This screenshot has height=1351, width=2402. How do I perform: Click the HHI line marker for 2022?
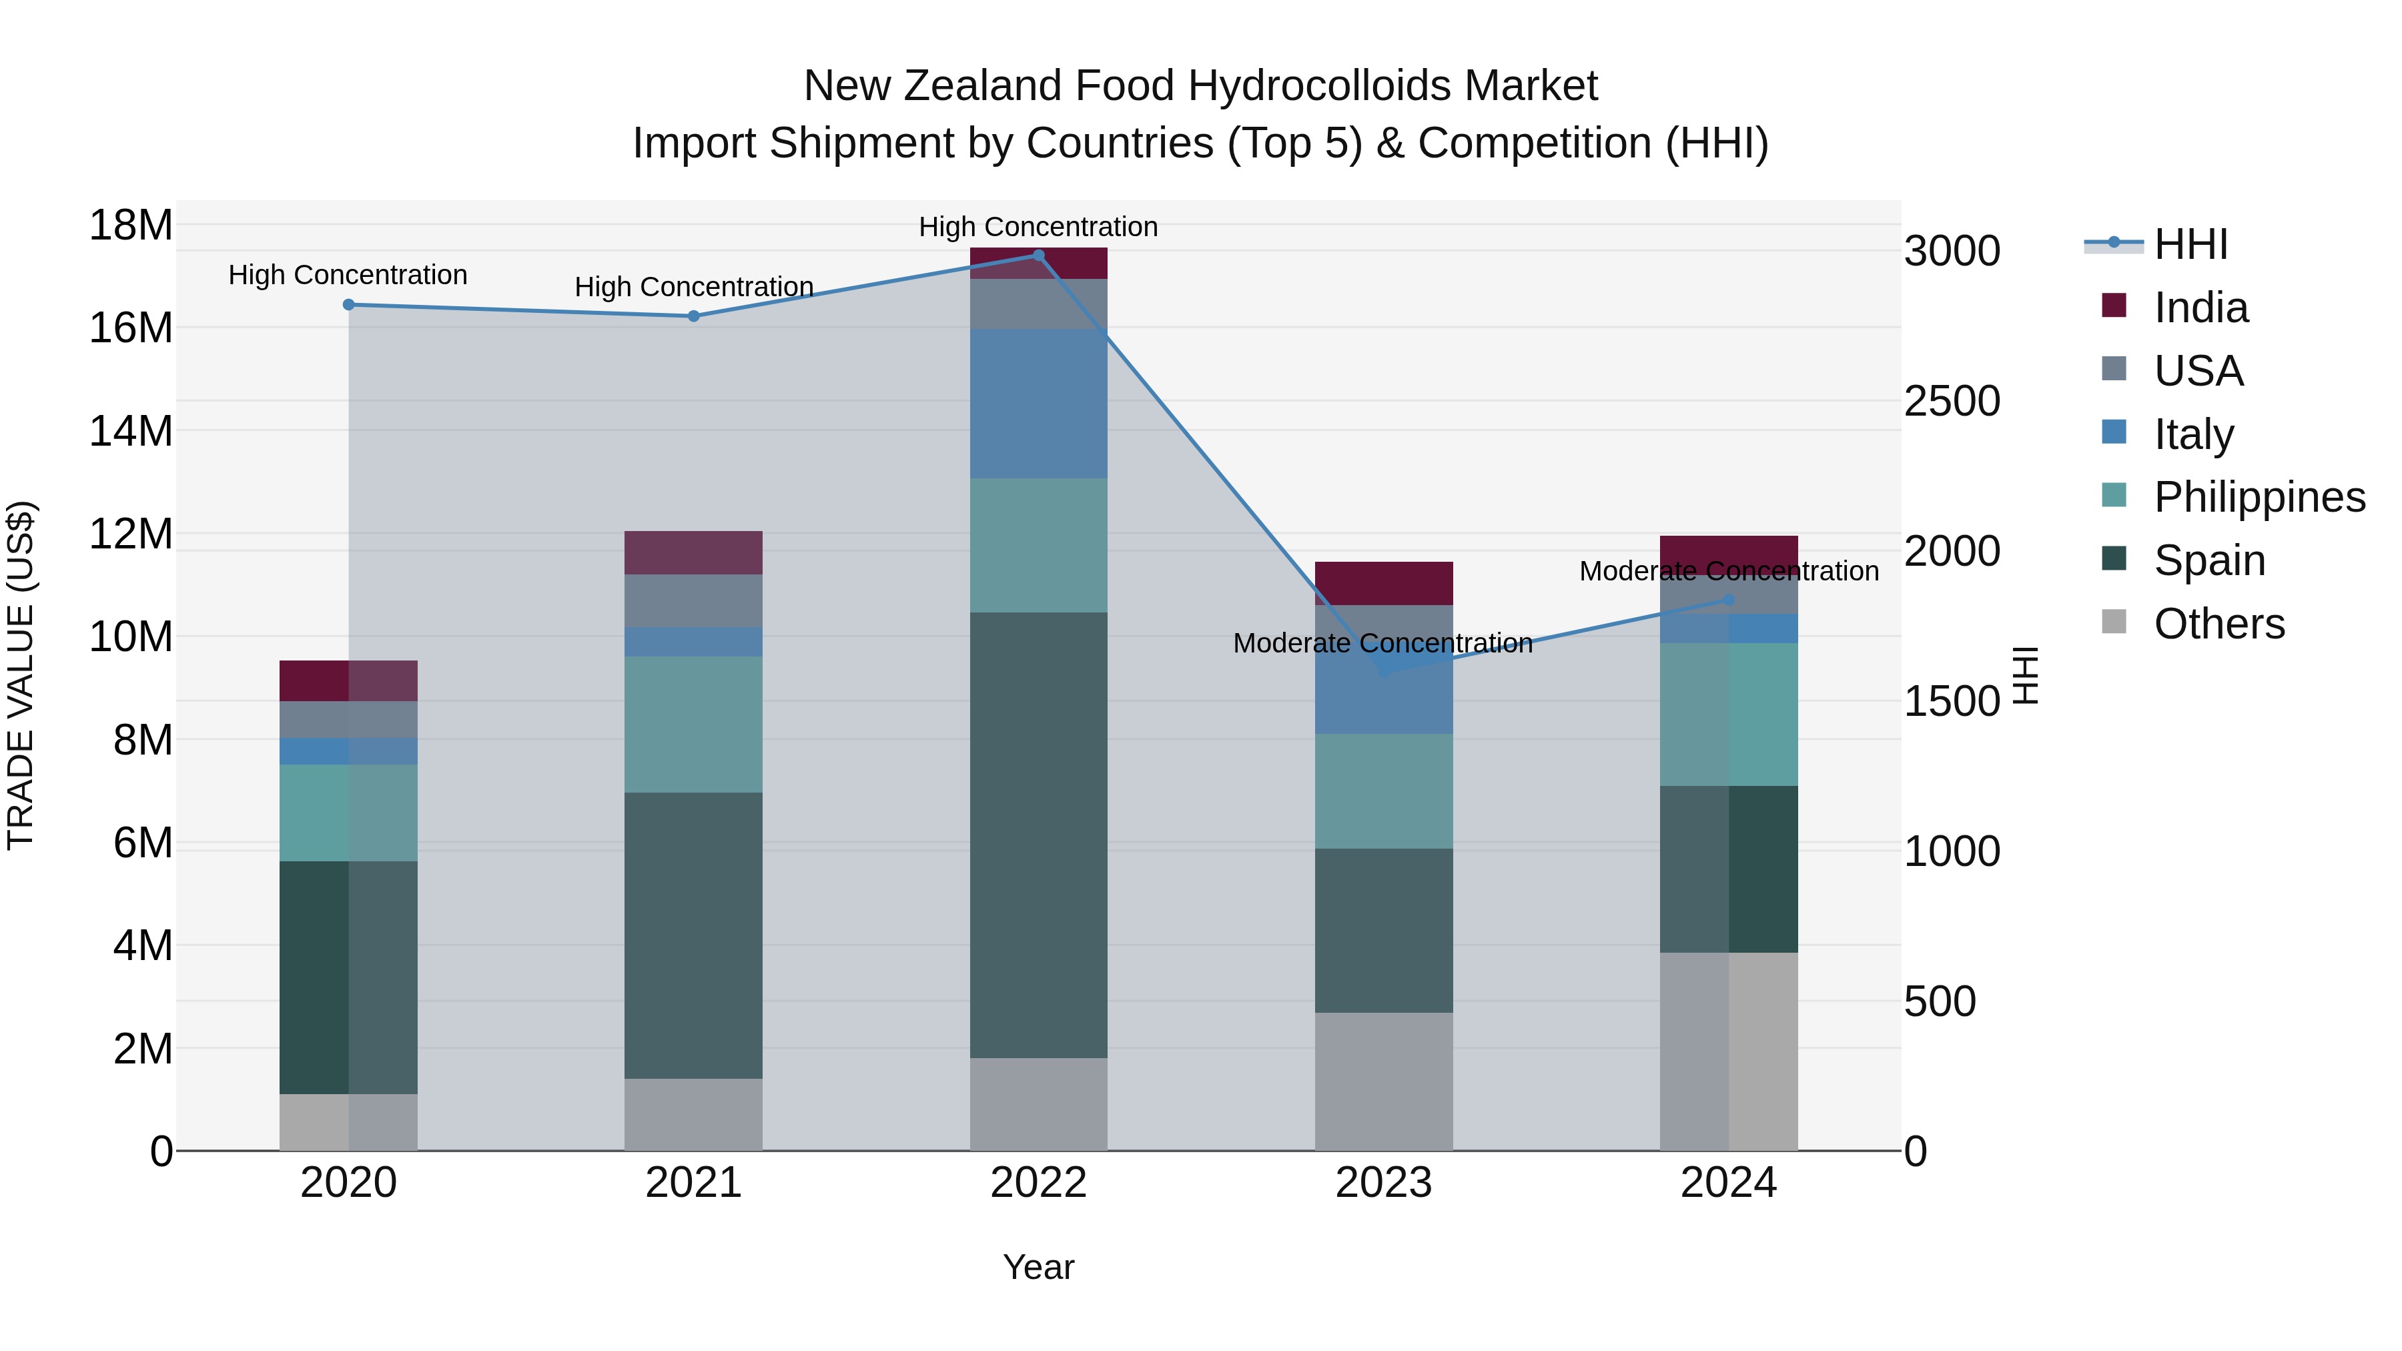1039,256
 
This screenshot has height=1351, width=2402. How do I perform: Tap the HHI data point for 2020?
349,305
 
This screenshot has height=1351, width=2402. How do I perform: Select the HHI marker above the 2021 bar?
694,316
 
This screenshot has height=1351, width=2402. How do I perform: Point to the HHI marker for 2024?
1729,600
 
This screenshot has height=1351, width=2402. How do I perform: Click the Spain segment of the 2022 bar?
1039,835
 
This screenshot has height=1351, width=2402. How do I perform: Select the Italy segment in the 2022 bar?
1039,404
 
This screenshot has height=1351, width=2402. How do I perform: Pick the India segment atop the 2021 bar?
694,553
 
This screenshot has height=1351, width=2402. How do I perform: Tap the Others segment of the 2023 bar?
1384,1081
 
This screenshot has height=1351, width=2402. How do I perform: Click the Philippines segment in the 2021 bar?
694,725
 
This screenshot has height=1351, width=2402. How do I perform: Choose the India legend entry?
2200,308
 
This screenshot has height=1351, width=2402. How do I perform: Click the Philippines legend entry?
2259,497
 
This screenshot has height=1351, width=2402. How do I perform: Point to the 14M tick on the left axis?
131,432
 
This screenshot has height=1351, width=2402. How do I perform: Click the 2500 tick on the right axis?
1952,401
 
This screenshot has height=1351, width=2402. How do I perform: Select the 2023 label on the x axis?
1384,1183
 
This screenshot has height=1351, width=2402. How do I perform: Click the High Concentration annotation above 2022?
1039,227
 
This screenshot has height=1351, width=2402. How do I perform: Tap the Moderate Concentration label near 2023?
1383,643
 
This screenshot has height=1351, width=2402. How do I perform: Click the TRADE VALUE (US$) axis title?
21,675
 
